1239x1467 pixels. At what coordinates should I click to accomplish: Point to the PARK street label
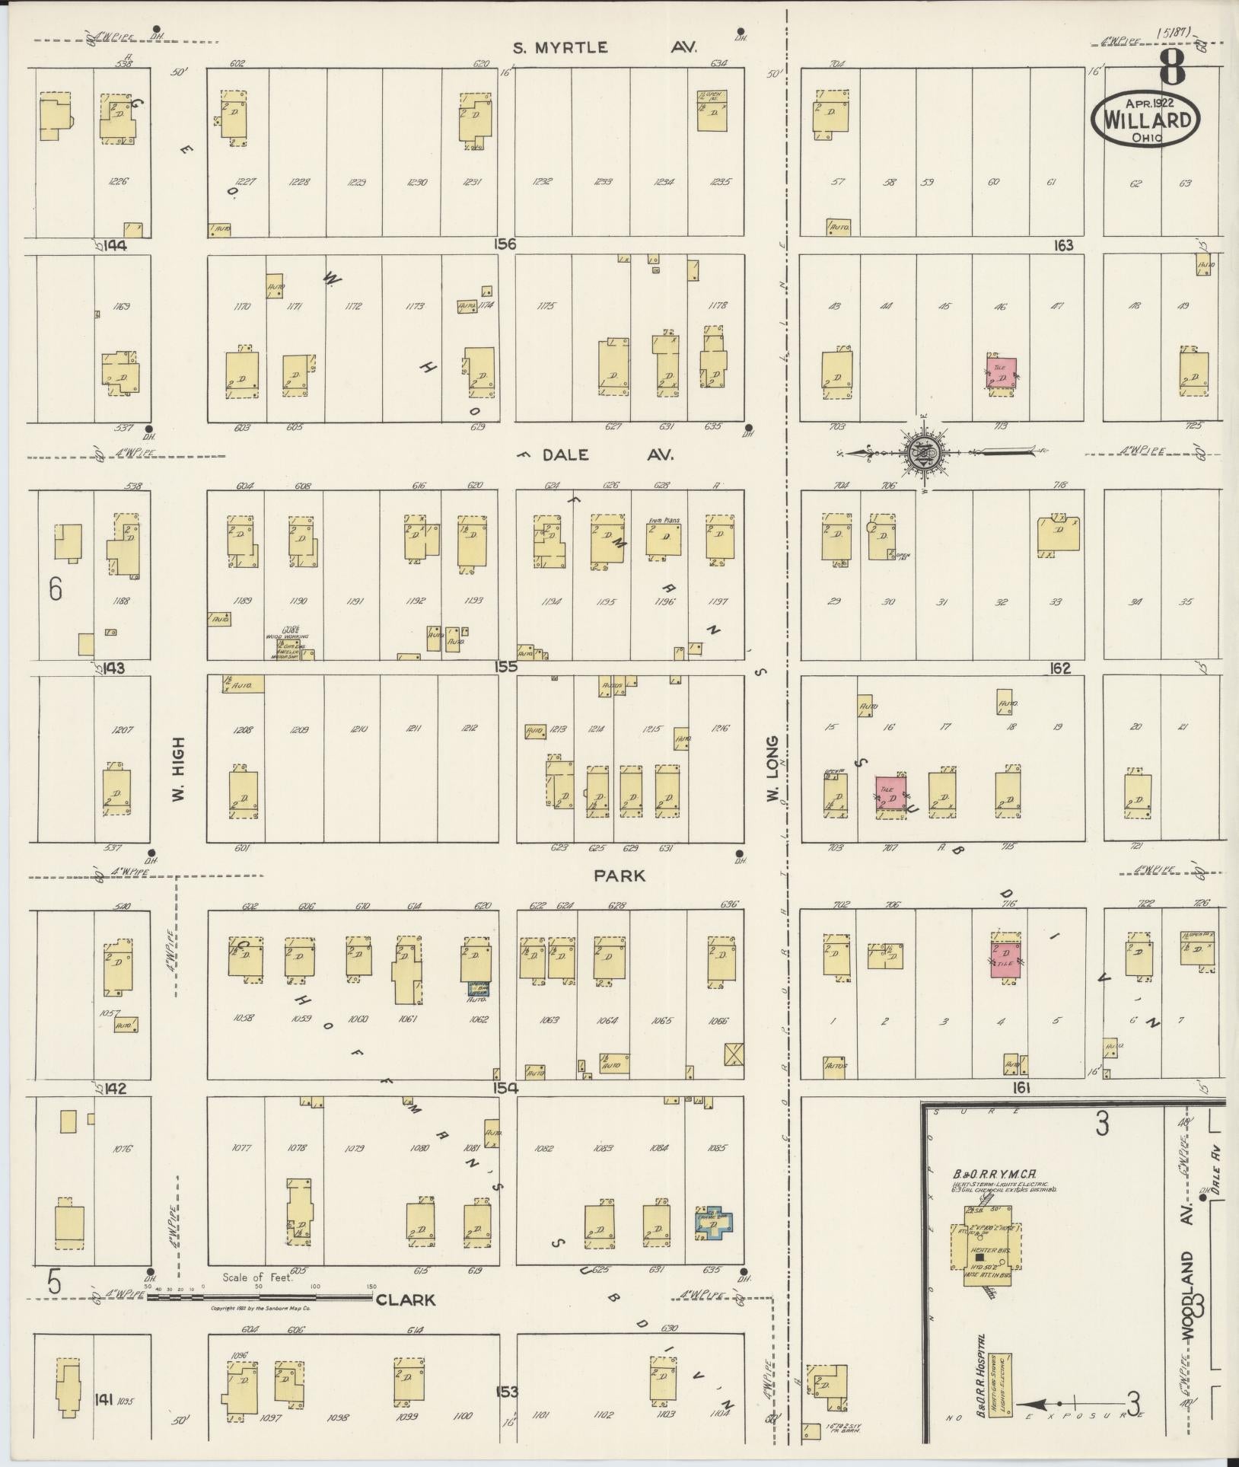tap(619, 876)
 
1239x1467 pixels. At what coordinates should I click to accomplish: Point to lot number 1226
tap(119, 182)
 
